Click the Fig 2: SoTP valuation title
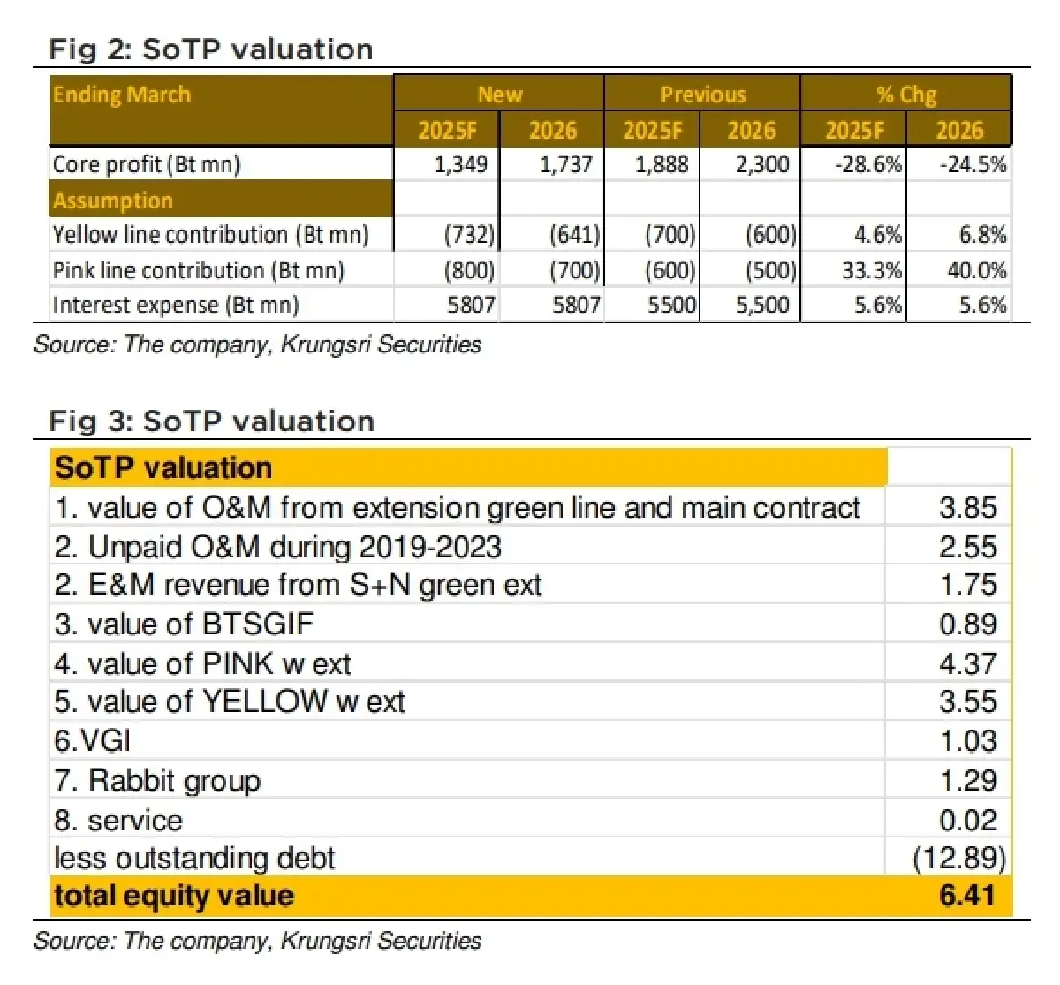(x=211, y=49)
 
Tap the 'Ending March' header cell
(x=122, y=95)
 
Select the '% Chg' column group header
(x=905, y=95)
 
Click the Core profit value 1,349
(x=460, y=164)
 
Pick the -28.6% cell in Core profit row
(x=867, y=164)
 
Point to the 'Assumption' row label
(x=113, y=201)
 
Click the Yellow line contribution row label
(x=210, y=235)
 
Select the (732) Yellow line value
(x=468, y=235)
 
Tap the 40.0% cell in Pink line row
(x=976, y=270)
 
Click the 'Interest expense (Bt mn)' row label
(x=176, y=306)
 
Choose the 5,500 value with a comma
(x=762, y=306)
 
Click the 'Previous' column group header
(x=702, y=95)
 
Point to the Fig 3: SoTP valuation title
(x=212, y=421)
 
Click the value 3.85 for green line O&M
(x=967, y=508)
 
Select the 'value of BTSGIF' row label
(x=184, y=625)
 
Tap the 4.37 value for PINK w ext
(x=967, y=663)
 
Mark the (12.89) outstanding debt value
(x=958, y=858)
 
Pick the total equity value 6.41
(x=967, y=896)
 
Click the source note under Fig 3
(x=257, y=941)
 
